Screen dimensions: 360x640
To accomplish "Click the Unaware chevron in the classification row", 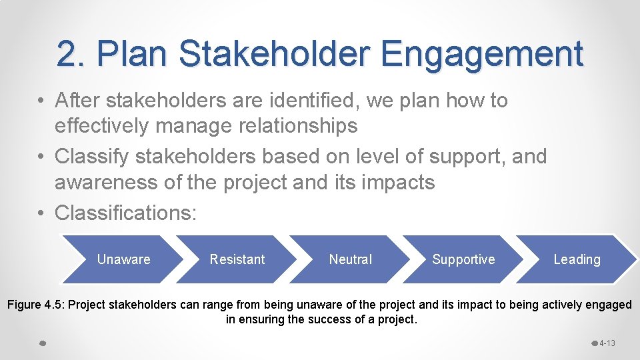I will click(x=123, y=259).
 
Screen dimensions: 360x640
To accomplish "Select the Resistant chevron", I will click(x=237, y=259).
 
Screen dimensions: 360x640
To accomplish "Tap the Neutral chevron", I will click(x=351, y=259).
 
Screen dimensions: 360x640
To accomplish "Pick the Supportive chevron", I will click(x=463, y=259).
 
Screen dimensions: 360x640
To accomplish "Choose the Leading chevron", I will click(x=577, y=259).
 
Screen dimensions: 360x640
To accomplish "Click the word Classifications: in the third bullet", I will click(x=126, y=213).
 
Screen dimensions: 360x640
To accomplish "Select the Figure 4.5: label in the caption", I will click(x=35, y=305).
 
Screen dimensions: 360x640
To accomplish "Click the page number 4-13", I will click(x=607, y=343).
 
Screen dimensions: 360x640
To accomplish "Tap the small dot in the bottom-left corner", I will click(x=42, y=343).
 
